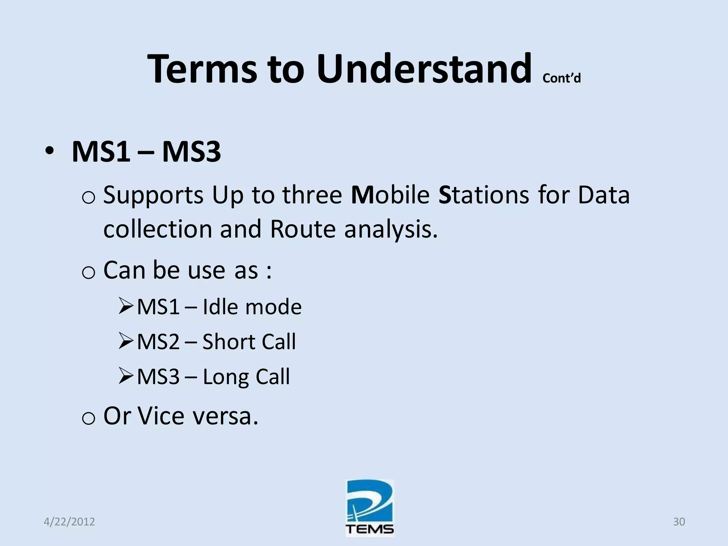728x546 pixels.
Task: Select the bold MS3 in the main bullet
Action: click(191, 152)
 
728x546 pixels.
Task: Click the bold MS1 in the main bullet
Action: click(101, 152)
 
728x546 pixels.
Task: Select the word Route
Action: click(303, 229)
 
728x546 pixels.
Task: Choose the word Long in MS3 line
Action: click(225, 377)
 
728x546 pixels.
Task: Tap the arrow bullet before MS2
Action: click(126, 341)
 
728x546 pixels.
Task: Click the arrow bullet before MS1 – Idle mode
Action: click(126, 306)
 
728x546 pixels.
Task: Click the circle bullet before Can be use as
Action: click(88, 272)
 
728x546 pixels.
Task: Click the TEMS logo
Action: click(370, 508)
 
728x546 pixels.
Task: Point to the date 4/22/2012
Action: click(69, 521)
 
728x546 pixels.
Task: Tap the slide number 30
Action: click(679, 521)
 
